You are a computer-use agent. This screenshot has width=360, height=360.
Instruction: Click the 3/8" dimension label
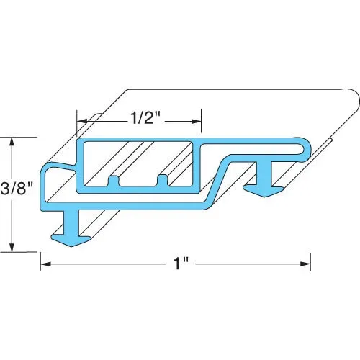[x=17, y=192]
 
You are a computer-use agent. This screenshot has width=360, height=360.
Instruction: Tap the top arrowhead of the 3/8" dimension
[x=12, y=140]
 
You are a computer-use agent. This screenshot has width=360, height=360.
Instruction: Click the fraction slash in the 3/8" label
[x=15, y=192]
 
